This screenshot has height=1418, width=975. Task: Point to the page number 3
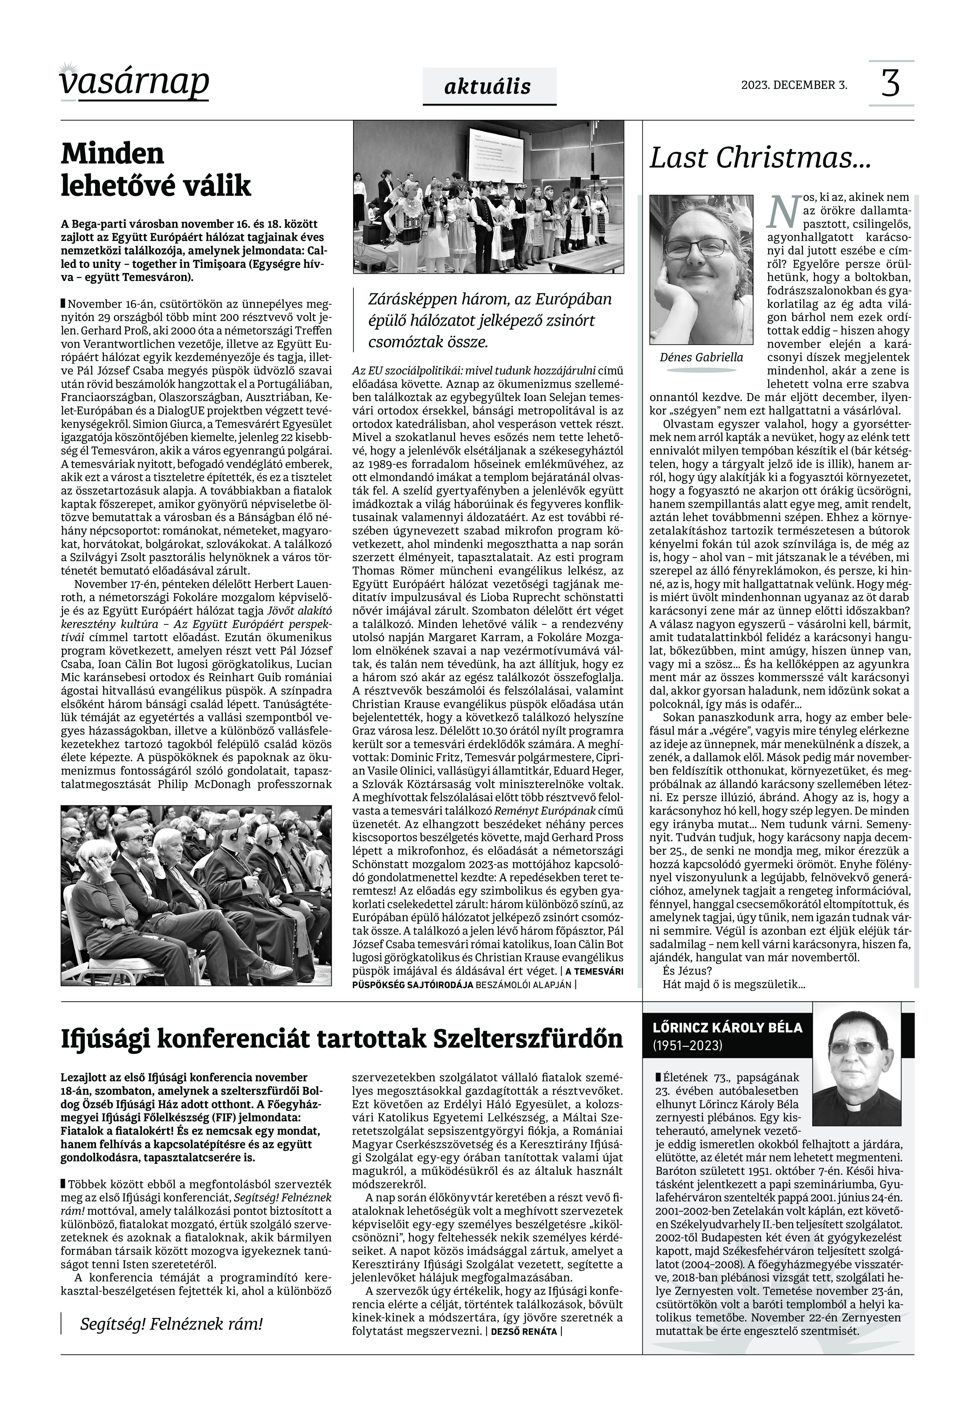(891, 84)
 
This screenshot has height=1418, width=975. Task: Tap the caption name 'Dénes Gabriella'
(701, 358)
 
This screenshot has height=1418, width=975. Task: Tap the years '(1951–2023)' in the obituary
(687, 1046)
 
